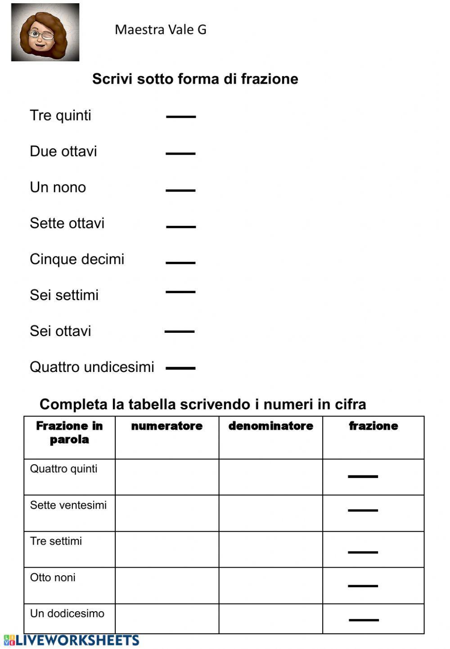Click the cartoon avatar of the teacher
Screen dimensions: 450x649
coord(45,32)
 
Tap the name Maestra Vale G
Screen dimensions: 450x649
coord(160,30)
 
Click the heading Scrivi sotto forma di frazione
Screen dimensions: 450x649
coord(195,79)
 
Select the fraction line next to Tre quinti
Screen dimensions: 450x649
coord(181,116)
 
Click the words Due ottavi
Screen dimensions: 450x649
coord(63,152)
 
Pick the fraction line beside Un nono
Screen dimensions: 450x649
coord(180,190)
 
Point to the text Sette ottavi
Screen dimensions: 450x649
coord(67,223)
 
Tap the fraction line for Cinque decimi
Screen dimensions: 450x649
coord(180,263)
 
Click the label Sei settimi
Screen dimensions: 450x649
coord(64,295)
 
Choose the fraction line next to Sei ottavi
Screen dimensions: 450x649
coord(180,331)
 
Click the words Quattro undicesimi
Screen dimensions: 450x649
coord(92,367)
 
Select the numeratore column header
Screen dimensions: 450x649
coord(167,426)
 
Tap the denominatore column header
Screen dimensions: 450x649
coord(270,426)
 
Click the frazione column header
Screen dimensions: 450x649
coord(373,426)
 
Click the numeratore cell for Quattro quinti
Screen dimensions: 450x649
coord(167,477)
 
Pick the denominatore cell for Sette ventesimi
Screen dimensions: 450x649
coord(270,513)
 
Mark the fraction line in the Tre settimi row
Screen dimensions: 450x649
coord(363,552)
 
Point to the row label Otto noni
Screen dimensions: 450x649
coord(53,577)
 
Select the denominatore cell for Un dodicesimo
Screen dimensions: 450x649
coord(270,618)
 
